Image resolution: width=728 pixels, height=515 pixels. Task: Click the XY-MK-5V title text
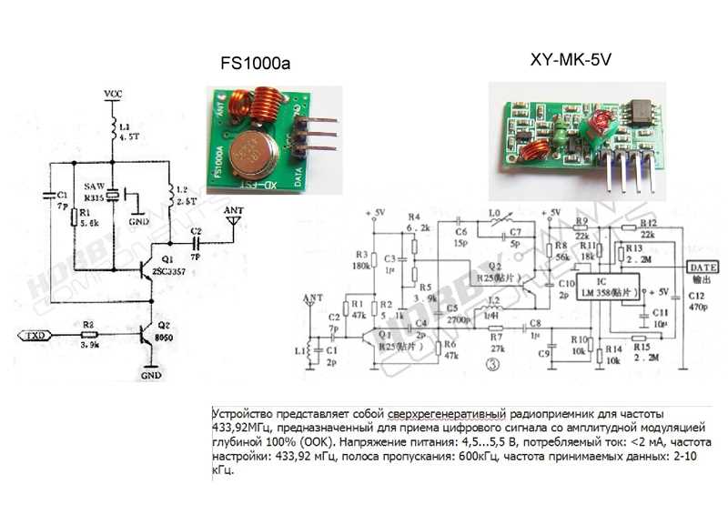pyautogui.click(x=571, y=61)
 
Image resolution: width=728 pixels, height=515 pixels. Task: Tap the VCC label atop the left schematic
pyautogui.click(x=113, y=94)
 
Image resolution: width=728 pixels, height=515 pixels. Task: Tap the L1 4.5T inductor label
pyautogui.click(x=129, y=134)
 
